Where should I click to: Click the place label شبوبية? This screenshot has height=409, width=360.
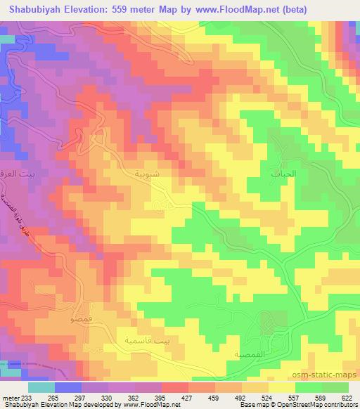pyautogui.click(x=136, y=171)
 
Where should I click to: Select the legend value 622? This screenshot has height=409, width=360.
pyautogui.click(x=346, y=398)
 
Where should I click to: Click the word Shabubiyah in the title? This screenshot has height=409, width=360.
pyautogui.click(x=35, y=8)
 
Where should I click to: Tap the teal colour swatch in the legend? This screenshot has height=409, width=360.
pyautogui.click(x=41, y=387)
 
